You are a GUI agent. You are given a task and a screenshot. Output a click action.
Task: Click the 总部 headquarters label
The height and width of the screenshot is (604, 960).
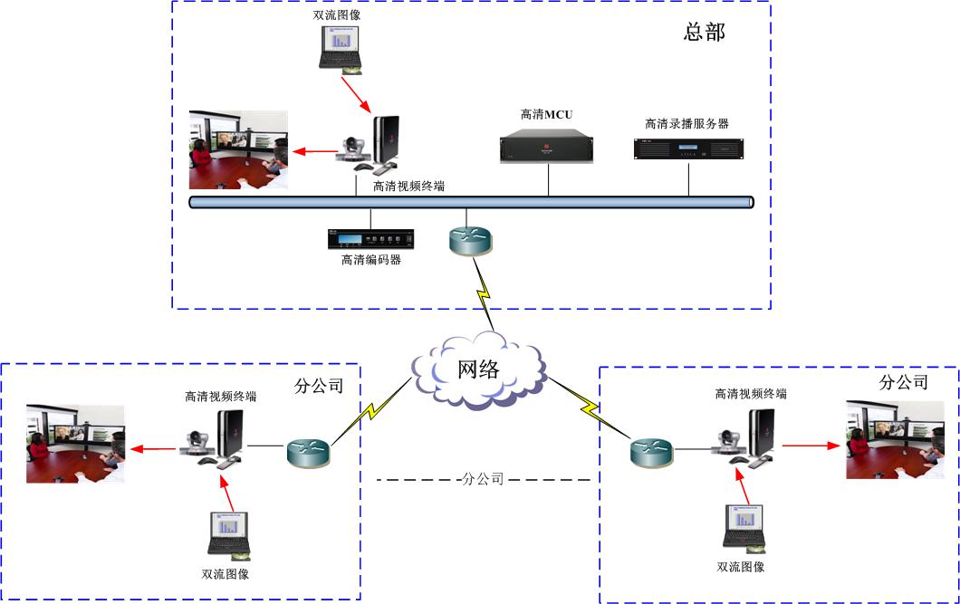click(x=704, y=34)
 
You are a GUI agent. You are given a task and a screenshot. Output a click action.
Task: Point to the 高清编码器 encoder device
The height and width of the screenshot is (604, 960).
click(x=370, y=239)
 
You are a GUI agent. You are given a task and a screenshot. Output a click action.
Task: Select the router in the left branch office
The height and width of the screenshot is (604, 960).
click(x=308, y=450)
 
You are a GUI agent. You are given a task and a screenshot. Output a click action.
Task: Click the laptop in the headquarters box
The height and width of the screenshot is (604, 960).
click(x=341, y=53)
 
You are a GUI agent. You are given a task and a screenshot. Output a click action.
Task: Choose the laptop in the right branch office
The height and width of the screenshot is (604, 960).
click(x=744, y=526)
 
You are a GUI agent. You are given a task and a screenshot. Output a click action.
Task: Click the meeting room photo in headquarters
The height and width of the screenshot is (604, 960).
click(x=238, y=150)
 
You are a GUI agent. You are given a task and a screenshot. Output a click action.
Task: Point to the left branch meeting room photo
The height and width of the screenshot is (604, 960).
click(x=75, y=443)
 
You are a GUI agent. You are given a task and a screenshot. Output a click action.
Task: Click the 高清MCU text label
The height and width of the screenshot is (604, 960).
click(x=546, y=114)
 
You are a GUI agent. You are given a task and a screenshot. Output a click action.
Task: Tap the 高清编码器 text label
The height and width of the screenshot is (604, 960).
click(x=370, y=261)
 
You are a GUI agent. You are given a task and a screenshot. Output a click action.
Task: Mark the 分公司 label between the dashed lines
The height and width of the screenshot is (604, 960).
click(x=482, y=479)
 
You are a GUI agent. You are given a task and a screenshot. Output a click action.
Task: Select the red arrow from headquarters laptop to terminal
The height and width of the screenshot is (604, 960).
click(x=360, y=94)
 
